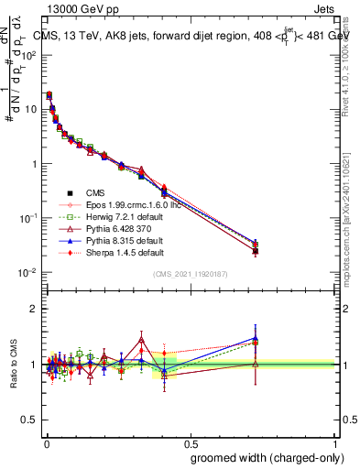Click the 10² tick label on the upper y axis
[x=30, y=55]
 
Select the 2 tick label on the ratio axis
[x=35, y=309]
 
